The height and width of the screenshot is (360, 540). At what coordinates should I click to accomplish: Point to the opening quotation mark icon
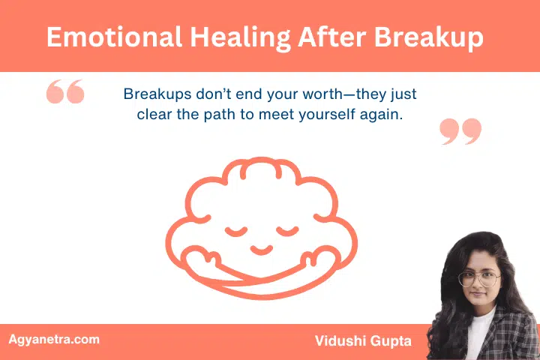pos(65,92)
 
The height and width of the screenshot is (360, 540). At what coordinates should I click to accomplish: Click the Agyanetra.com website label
pos(53,340)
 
